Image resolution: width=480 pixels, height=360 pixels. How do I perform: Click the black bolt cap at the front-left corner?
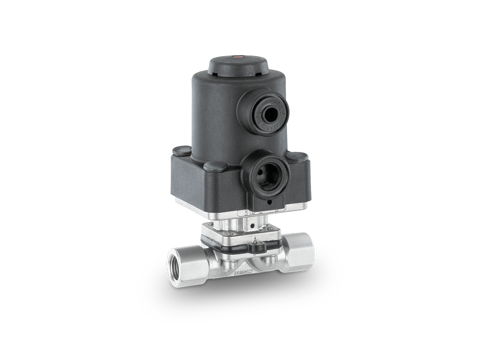(x=213, y=167)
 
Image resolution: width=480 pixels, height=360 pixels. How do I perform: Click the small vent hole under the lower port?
(x=270, y=202)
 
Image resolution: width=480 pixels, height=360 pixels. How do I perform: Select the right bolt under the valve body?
(x=274, y=258)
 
